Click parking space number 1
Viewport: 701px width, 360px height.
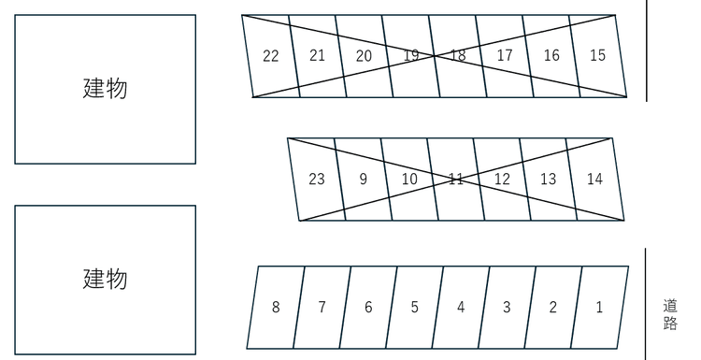[600, 308]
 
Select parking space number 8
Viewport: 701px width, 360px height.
[276, 308]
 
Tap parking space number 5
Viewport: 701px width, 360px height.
[414, 308]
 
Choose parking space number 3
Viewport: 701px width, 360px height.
[507, 308]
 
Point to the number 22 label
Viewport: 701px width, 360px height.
[270, 56]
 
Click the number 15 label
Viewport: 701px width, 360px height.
[598, 55]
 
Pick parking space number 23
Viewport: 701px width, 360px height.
[317, 180]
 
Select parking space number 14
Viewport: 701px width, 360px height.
[595, 180]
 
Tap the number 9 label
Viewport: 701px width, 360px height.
[363, 180]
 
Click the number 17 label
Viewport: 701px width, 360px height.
[505, 55]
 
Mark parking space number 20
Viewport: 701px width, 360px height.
[364, 56]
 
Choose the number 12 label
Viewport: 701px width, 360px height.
[502, 180]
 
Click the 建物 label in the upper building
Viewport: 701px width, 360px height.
[105, 88]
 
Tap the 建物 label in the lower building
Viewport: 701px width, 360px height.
[105, 279]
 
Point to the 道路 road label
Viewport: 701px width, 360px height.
[670, 315]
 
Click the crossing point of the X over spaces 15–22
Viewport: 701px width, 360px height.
[434, 56]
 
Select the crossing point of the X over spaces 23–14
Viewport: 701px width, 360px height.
[455, 180]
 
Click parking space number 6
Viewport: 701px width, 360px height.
[368, 308]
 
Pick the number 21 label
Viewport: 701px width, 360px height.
[317, 55]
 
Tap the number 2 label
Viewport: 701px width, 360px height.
[553, 308]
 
